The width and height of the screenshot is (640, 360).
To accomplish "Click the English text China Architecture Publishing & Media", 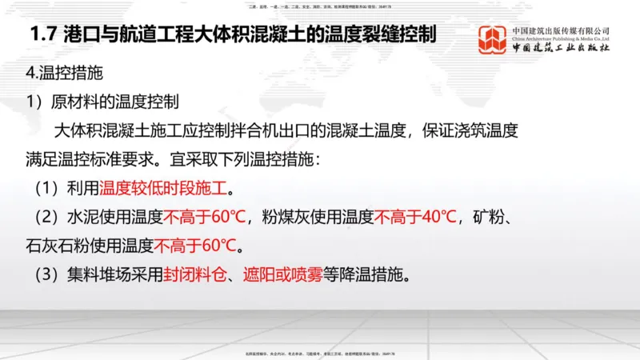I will [560, 38].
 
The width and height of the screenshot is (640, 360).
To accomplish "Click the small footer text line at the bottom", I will [320, 353].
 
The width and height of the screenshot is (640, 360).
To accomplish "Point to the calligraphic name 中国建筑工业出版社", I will [560, 49].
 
